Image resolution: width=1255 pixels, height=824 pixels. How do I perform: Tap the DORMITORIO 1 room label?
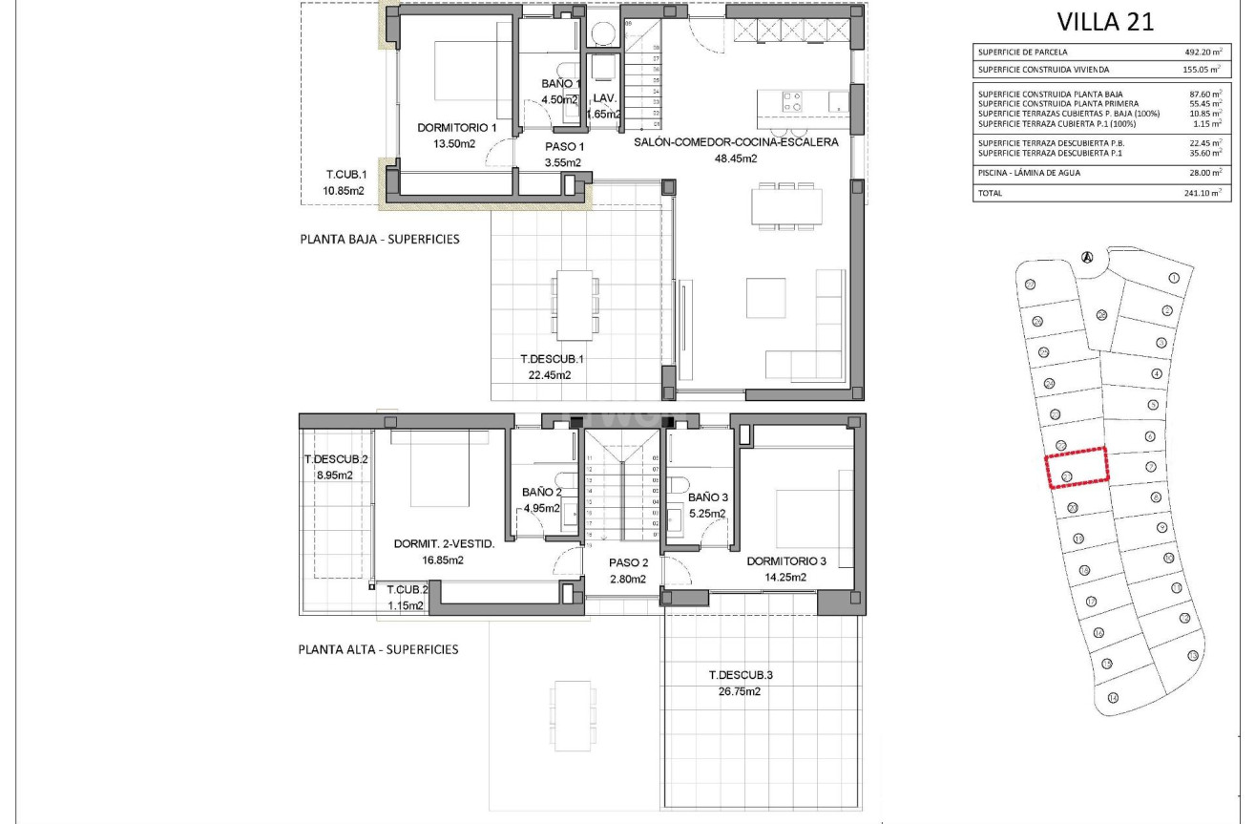coord(457,128)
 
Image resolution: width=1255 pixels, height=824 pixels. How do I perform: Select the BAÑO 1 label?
coord(560,83)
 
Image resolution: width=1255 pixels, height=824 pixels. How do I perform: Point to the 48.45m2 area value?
coord(736,159)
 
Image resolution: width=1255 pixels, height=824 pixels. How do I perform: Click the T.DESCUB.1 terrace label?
coord(552,359)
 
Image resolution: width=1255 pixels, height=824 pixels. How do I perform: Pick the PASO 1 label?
coord(564,146)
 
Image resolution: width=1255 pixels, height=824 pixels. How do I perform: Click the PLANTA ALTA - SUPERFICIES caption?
coord(379,649)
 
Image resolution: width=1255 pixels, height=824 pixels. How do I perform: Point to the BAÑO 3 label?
coord(707,497)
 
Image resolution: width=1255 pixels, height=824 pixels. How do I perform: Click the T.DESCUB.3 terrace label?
coord(741,675)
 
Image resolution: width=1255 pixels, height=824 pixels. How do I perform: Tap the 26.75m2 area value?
coord(741,691)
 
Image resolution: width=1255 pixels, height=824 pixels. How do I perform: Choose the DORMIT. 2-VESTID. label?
coord(443,544)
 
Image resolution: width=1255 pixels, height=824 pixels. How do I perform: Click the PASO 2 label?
coord(628,562)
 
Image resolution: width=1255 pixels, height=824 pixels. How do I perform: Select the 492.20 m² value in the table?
coord(1202,52)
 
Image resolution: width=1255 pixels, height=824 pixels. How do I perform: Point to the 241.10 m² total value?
coord(1202,193)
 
